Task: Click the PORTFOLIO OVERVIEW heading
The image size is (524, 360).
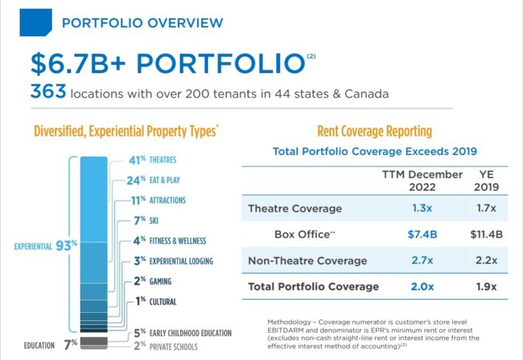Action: pyautogui.click(x=142, y=23)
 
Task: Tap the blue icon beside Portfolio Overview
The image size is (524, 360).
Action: pyautogui.click(x=35, y=21)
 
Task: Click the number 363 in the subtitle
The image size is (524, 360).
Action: pyautogui.click(x=49, y=93)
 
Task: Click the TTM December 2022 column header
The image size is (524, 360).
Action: pyautogui.click(x=422, y=180)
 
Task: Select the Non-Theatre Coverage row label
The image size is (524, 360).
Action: pyautogui.click(x=307, y=260)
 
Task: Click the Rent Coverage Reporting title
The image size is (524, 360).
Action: pyautogui.click(x=373, y=132)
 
